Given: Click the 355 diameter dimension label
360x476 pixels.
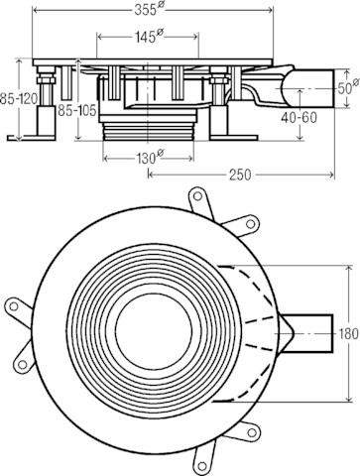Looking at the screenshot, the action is (x=150, y=10).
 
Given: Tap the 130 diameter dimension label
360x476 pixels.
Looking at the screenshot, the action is (x=150, y=158).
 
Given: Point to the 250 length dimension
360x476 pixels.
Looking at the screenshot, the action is (x=241, y=175).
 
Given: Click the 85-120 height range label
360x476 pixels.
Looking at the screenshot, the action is (x=18, y=99).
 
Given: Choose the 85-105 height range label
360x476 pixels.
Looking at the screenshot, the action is (x=77, y=110).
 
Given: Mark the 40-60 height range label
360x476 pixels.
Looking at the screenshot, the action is (x=299, y=117).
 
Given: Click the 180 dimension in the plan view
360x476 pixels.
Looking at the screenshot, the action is (x=348, y=334).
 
